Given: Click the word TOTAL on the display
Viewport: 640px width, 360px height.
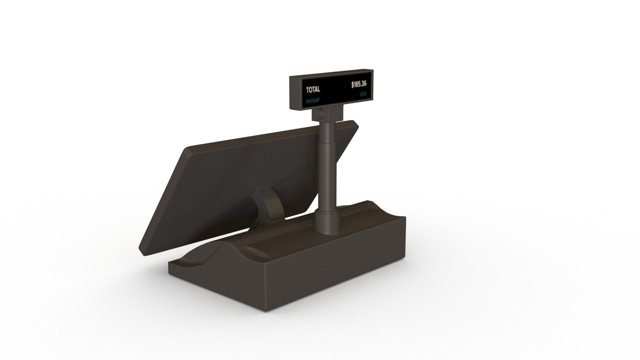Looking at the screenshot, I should (x=313, y=89).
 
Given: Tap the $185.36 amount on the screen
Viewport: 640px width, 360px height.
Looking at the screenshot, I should (x=359, y=85).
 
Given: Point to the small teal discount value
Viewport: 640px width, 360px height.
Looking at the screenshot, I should (x=363, y=95).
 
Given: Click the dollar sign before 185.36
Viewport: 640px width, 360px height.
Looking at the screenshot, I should (x=353, y=85).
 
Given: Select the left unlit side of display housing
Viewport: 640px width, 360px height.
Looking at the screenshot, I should (x=295, y=93).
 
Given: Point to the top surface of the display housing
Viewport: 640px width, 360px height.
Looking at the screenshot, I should (x=330, y=73).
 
